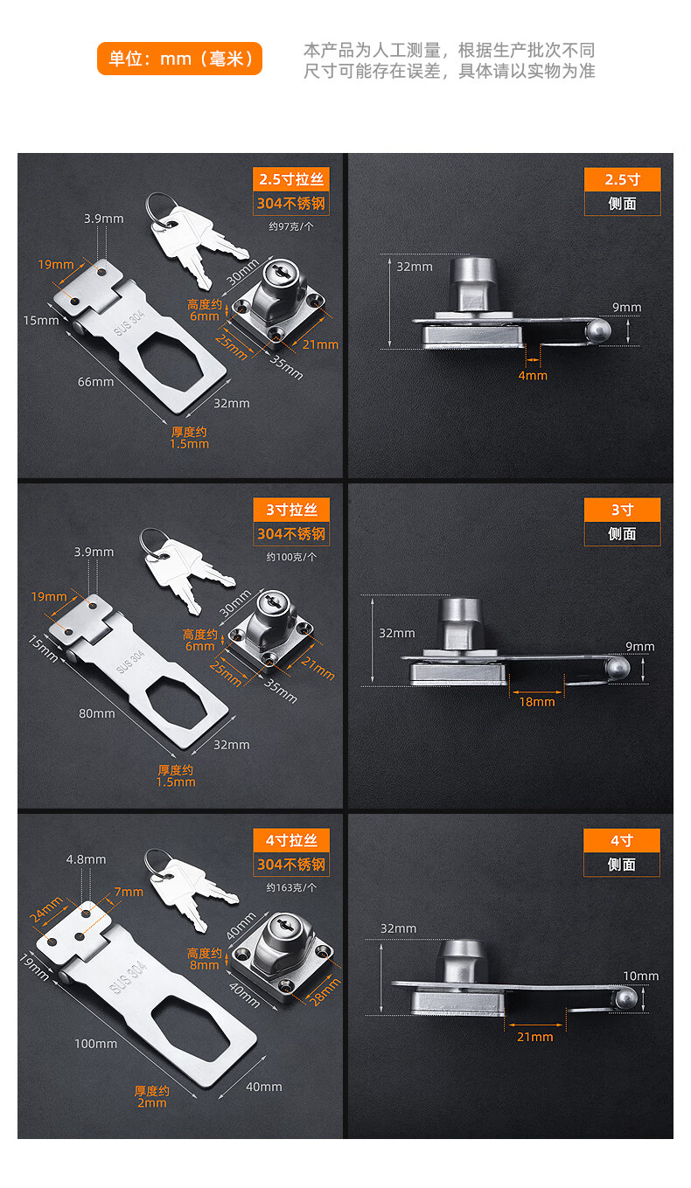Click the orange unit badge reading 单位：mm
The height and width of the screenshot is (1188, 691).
[x=179, y=59]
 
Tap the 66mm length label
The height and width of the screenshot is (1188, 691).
[x=95, y=381]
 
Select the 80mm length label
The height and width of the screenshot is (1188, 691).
[x=96, y=713]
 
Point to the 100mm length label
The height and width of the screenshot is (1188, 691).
[x=95, y=1043]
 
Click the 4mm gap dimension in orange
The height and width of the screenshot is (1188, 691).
[x=533, y=376]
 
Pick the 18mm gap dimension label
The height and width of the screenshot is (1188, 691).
[x=536, y=702]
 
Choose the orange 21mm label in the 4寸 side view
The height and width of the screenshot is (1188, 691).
[x=535, y=1036]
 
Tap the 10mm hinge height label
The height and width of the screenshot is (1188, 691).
[x=640, y=976]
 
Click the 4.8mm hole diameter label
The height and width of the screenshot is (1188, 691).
[x=86, y=859]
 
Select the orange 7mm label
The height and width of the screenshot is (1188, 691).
[x=129, y=892]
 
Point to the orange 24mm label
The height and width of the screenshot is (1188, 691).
[x=46, y=909]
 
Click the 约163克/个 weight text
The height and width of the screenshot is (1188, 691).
[x=291, y=887]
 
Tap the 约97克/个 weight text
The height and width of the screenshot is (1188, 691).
[x=291, y=226]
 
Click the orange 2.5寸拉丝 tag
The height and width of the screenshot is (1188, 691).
[x=291, y=179]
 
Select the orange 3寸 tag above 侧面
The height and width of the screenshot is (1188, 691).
[x=622, y=510]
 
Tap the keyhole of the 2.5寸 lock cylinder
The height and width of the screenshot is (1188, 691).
[x=282, y=271]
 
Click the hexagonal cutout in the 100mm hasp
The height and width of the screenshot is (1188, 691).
[x=193, y=1028]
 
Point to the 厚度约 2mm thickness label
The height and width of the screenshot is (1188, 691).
[x=152, y=1097]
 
